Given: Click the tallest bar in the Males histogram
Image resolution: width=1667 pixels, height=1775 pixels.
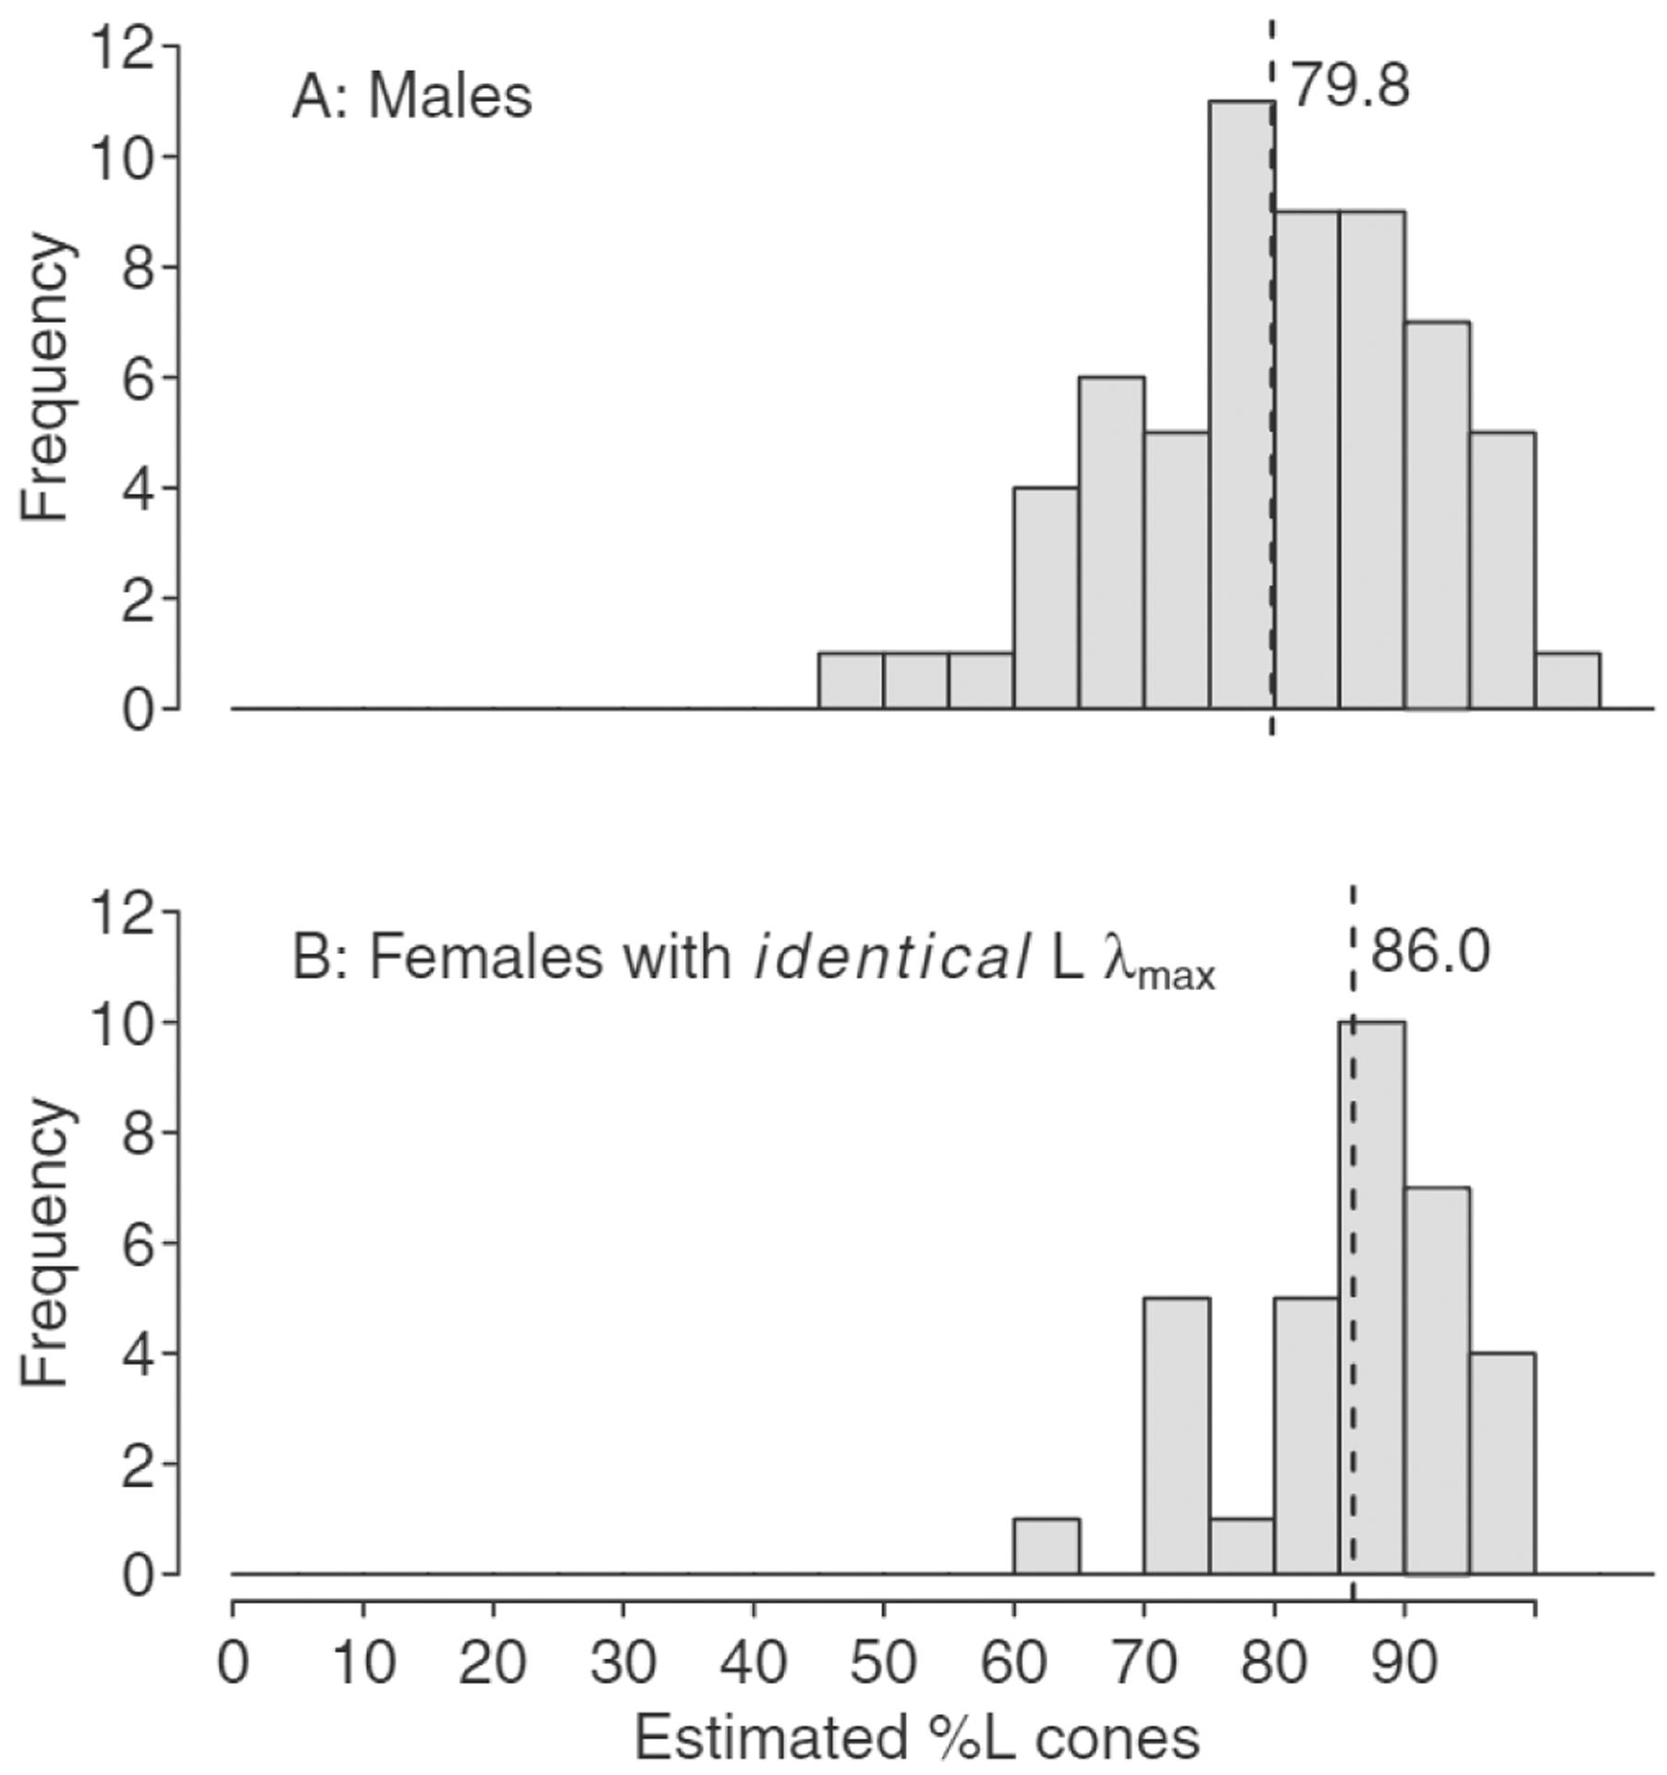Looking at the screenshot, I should click(x=1241, y=407).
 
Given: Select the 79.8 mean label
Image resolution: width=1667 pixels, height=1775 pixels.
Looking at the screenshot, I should click(x=1349, y=86).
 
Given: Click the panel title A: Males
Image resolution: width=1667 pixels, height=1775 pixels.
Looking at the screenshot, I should click(x=412, y=96).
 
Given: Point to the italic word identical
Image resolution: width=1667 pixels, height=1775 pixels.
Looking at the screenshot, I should click(x=891, y=958).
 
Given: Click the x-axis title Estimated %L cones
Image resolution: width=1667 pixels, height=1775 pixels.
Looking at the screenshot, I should click(x=916, y=1738).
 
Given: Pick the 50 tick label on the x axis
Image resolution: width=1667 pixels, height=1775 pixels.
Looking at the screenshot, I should click(x=883, y=1662).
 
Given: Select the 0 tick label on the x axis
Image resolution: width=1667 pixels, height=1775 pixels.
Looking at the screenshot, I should click(x=233, y=1662).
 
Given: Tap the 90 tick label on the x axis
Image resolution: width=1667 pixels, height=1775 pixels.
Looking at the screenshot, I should click(x=1404, y=1662).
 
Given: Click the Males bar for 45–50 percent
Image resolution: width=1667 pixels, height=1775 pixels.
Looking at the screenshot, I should click(x=851, y=681).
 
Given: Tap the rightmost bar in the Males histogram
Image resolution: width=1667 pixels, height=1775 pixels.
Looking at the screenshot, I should click(x=1567, y=681).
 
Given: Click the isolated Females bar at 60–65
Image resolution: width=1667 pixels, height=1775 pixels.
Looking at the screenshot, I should click(x=1046, y=1546).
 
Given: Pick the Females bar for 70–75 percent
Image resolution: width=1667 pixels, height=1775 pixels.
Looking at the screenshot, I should click(x=1176, y=1436).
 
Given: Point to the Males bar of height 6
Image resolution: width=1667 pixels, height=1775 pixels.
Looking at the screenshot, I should click(x=1110, y=543).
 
